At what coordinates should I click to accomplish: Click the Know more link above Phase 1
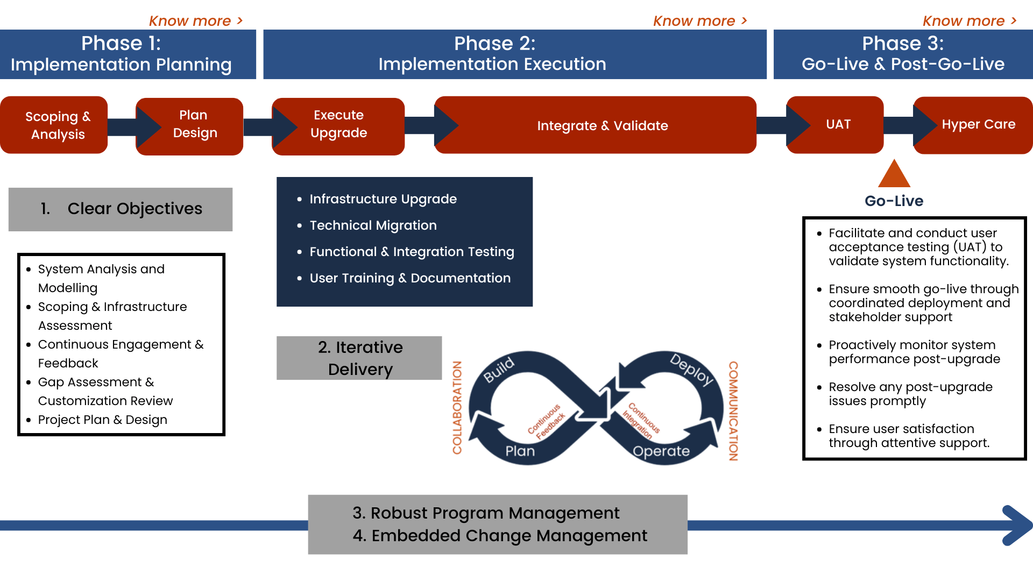(x=196, y=21)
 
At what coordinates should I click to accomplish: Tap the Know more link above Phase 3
(x=969, y=21)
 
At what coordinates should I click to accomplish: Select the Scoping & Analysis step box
(x=57, y=125)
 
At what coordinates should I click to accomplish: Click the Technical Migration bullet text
(x=373, y=225)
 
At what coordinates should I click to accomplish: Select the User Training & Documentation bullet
(x=410, y=278)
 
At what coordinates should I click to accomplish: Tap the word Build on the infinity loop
(x=499, y=370)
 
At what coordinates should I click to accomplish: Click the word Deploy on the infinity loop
(x=691, y=370)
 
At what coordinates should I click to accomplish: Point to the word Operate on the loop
(x=661, y=451)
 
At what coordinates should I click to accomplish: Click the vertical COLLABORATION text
(x=457, y=407)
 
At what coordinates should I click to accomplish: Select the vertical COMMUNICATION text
(x=733, y=410)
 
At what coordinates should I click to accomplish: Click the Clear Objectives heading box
(x=121, y=209)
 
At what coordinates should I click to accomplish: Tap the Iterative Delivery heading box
(x=359, y=358)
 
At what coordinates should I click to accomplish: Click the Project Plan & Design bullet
(x=102, y=420)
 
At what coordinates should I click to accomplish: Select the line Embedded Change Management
(x=500, y=536)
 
